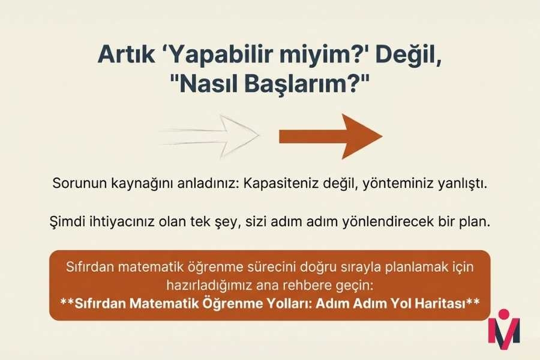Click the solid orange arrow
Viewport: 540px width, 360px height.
point(330,136)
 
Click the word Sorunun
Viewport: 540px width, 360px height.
point(76,182)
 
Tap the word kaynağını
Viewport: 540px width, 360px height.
point(141,182)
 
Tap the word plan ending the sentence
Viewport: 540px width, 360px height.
point(476,221)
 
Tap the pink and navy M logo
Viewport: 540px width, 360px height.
point(503,328)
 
